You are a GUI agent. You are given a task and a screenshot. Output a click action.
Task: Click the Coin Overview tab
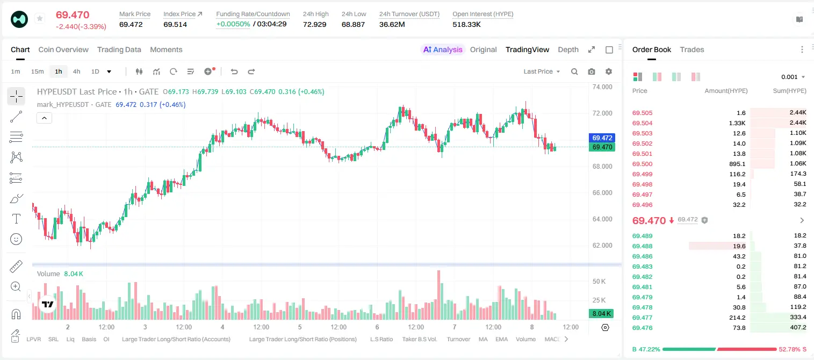[63, 49]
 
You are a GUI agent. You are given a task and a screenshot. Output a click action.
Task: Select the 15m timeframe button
[37, 71]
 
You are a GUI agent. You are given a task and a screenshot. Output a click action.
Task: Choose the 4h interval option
[76, 71]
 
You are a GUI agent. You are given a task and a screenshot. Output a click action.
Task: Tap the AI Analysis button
[443, 49]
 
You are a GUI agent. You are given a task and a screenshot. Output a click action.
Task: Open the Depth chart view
[568, 49]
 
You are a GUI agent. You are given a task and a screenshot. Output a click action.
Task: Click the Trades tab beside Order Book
[692, 49]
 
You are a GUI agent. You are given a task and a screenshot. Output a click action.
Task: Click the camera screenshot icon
[592, 71]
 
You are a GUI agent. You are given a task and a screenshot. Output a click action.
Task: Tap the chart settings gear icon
[609, 71]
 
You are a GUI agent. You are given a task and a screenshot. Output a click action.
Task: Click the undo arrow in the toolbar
[234, 71]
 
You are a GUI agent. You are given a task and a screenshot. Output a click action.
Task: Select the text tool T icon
[16, 219]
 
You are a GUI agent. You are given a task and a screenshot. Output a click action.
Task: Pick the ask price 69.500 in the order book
[642, 164]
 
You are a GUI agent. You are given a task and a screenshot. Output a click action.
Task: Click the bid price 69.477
[642, 318]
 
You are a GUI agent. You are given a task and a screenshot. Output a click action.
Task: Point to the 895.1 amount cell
[737, 164]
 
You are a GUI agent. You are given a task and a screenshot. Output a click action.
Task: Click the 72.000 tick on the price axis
[602, 113]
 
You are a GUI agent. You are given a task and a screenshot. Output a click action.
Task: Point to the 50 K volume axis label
[599, 282]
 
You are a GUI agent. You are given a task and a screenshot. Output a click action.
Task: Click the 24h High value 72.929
[315, 24]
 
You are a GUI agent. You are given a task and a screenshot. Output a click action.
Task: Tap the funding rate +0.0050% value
[233, 24]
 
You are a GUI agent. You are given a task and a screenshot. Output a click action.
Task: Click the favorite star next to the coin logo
[40, 18]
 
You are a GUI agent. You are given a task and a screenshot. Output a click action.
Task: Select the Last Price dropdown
[542, 71]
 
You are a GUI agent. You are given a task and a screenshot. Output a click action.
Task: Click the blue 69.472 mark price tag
[602, 138]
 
